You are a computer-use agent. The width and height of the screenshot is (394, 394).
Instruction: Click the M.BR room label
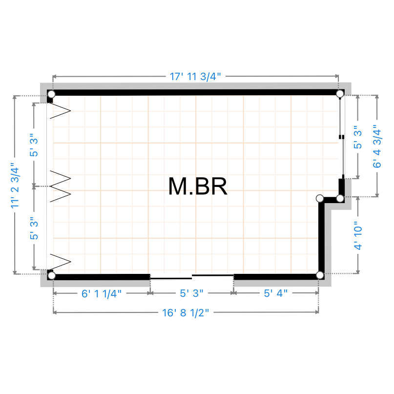[198, 186]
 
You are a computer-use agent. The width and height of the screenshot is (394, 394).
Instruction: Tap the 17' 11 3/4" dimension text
[195, 76]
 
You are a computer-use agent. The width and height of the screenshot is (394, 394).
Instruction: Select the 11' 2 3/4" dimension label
[15, 186]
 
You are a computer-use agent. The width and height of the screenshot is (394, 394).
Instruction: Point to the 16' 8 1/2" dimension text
[186, 313]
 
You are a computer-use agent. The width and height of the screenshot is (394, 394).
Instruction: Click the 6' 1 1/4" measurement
[102, 293]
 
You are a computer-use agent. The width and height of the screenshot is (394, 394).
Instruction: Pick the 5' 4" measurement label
[276, 293]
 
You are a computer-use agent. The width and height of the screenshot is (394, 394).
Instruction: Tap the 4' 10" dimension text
[358, 236]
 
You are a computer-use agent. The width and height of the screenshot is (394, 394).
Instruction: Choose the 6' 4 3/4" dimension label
[377, 146]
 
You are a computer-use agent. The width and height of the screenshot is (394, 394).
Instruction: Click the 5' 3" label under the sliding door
[191, 293]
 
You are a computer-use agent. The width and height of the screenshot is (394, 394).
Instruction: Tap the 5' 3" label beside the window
[358, 137]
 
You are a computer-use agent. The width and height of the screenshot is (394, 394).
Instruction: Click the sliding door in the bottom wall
[192, 277]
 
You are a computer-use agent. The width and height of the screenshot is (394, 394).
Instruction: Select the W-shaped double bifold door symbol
[61, 186]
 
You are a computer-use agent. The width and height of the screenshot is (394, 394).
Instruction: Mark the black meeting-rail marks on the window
[342, 137]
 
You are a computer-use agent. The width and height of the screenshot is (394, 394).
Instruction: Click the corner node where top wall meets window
[340, 94]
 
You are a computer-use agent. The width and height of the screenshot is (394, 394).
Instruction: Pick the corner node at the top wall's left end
[52, 94]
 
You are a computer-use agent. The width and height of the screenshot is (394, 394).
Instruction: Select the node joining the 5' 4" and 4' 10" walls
[320, 275]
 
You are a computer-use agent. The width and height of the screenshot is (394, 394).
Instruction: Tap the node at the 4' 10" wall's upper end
[320, 198]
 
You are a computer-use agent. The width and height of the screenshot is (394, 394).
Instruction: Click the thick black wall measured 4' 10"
[321, 237]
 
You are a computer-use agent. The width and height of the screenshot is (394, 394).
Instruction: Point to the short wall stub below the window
[341, 188]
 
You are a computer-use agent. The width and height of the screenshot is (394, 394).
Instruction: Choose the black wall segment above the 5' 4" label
[277, 277]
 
